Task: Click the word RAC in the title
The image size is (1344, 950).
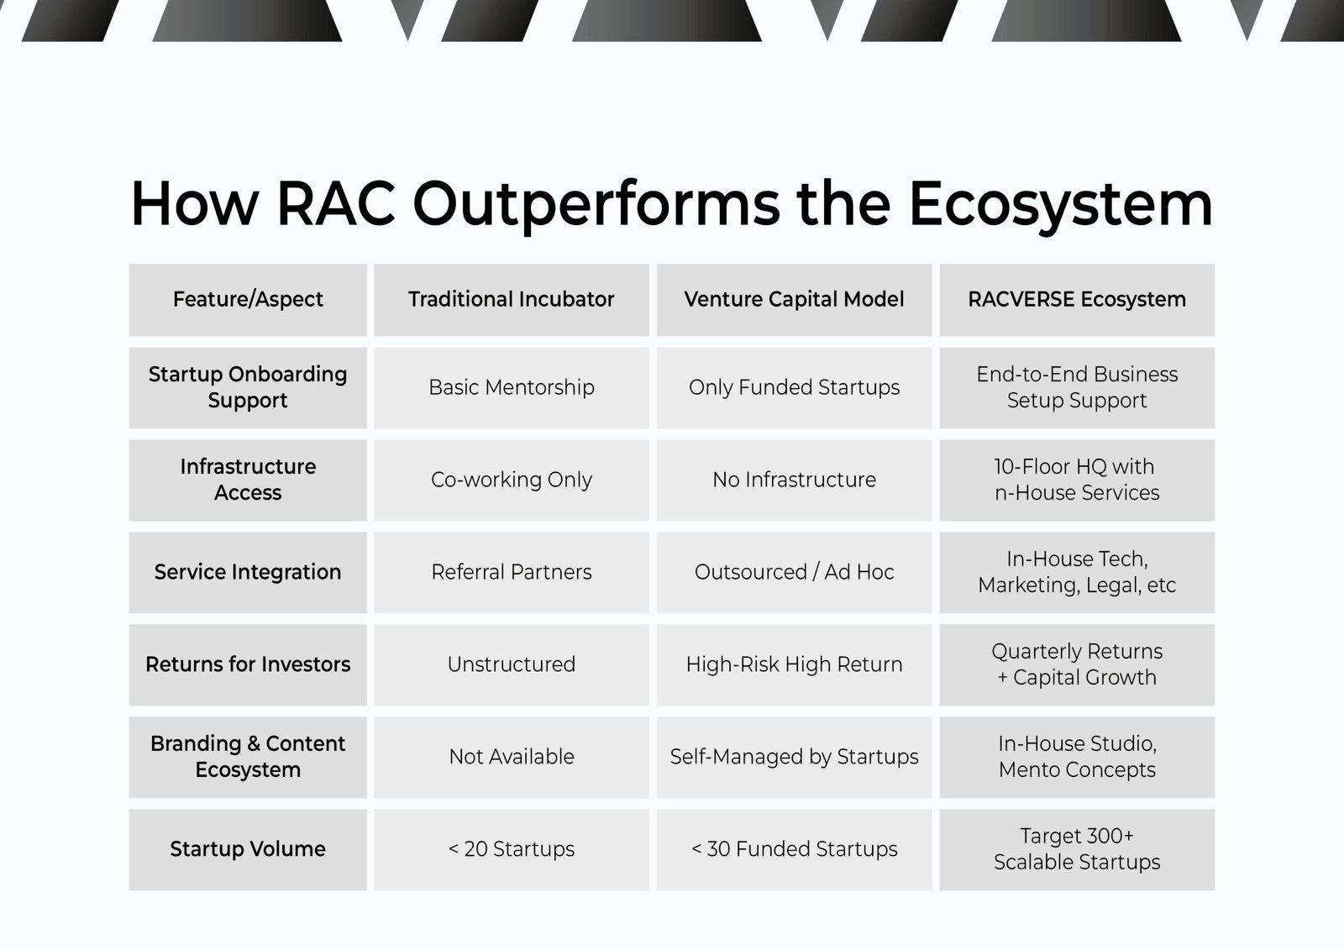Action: pos(336,203)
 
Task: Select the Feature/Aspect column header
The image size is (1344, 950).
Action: pos(248,300)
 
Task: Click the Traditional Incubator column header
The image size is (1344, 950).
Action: pos(512,299)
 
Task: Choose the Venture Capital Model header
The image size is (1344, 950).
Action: pos(794,299)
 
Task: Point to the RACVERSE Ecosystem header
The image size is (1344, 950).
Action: pos(1077,300)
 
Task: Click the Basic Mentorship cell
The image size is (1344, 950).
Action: pos(512,388)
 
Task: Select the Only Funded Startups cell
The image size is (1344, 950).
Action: pos(794,388)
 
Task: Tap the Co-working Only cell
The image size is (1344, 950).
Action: pos(512,480)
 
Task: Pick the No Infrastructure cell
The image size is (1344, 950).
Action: pos(794,480)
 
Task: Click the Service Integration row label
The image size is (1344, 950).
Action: pos(248,573)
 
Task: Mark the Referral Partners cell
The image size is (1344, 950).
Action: pos(512,572)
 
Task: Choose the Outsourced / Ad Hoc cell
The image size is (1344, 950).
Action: pos(794,572)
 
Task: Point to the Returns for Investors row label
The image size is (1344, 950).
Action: pos(248,664)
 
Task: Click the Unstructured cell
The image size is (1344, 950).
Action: pos(512,664)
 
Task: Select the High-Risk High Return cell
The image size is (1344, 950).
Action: pos(794,665)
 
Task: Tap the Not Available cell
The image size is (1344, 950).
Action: pos(512,757)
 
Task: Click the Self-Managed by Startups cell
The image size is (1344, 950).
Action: pos(794,758)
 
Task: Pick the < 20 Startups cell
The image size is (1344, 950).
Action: pos(512,849)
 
